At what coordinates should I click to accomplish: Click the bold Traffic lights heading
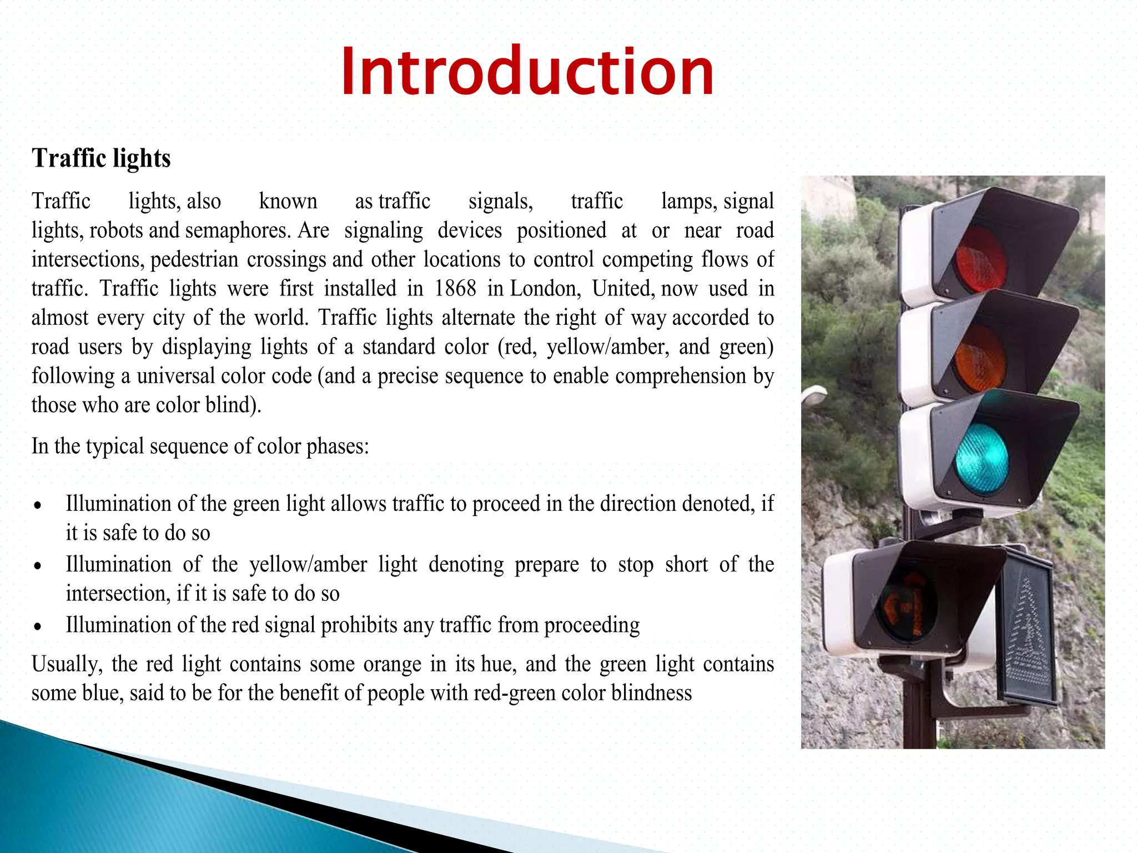point(101,158)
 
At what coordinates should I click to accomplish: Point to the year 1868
point(455,288)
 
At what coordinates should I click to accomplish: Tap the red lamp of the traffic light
point(980,260)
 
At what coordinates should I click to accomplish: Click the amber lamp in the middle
point(980,359)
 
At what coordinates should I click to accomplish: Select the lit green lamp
point(982,459)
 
